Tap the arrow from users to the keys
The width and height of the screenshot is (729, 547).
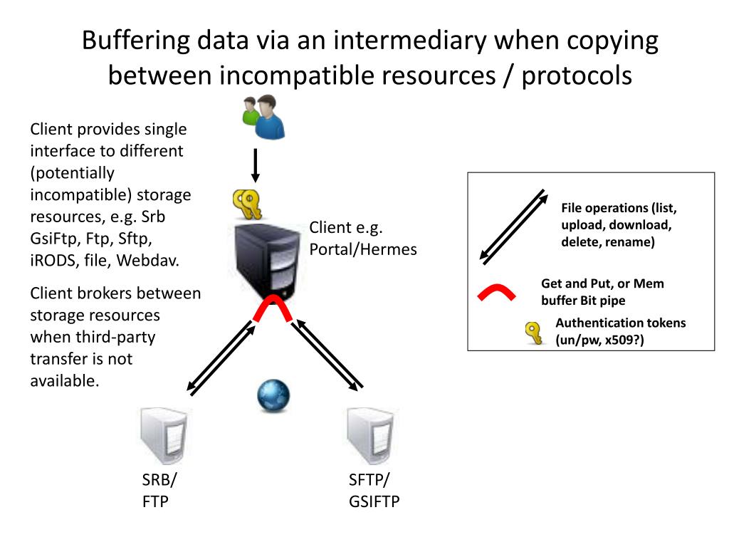[256, 165]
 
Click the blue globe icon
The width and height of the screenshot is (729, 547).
[273, 395]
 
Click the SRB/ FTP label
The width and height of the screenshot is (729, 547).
[159, 490]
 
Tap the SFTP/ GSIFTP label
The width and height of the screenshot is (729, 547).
[374, 490]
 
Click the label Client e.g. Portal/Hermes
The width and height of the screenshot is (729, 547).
[362, 239]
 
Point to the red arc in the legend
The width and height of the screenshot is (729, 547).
[495, 293]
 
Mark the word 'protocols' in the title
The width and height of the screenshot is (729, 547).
[577, 75]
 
